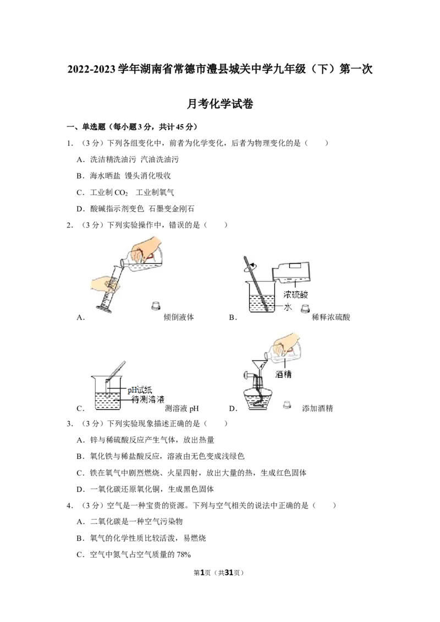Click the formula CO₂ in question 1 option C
[120, 193]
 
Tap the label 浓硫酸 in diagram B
[296, 295]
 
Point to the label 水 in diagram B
[288, 307]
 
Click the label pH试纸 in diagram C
[139, 390]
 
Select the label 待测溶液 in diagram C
[148, 399]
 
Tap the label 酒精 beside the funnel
[283, 374]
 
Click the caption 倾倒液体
[179, 318]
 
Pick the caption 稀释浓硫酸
[331, 318]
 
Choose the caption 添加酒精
[317, 409]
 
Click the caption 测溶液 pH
[182, 409]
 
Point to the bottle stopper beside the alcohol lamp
[288, 404]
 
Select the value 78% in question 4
[184, 555]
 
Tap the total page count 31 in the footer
[229, 573]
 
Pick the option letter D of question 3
[80, 490]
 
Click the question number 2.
[69, 225]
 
